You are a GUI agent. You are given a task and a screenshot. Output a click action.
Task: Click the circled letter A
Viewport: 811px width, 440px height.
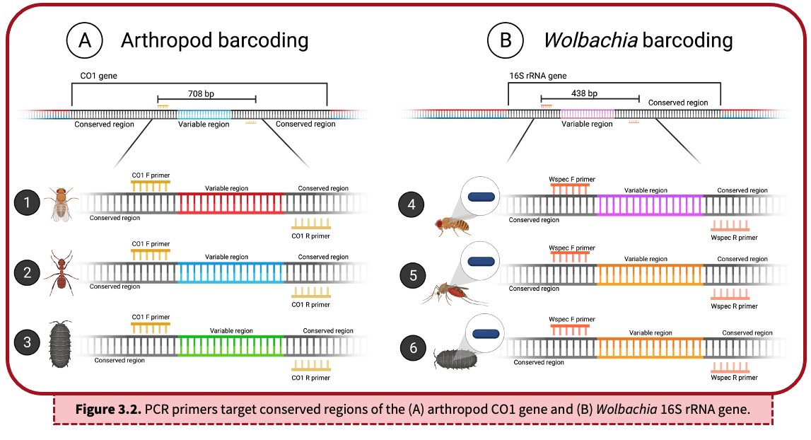pyautogui.click(x=85, y=40)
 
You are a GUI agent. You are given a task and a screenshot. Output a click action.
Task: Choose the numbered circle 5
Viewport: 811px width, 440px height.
pyautogui.click(x=413, y=274)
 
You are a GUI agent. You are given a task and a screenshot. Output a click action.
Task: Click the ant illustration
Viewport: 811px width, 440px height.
pyautogui.click(x=62, y=272)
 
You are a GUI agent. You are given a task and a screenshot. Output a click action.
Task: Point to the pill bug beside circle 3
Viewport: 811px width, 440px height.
pyautogui.click(x=62, y=345)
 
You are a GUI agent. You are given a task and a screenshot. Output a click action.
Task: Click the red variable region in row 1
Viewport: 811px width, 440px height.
pyautogui.click(x=231, y=204)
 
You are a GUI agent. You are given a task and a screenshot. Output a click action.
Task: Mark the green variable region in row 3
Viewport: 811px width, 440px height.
pyautogui.click(x=231, y=345)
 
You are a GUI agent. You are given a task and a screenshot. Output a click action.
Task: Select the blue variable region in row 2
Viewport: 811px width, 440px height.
pyautogui.click(x=231, y=273)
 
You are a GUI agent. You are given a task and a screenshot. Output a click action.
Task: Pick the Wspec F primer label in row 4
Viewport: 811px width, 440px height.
pyautogui.click(x=572, y=180)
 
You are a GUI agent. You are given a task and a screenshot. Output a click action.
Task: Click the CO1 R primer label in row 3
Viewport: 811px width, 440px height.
pyautogui.click(x=310, y=378)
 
